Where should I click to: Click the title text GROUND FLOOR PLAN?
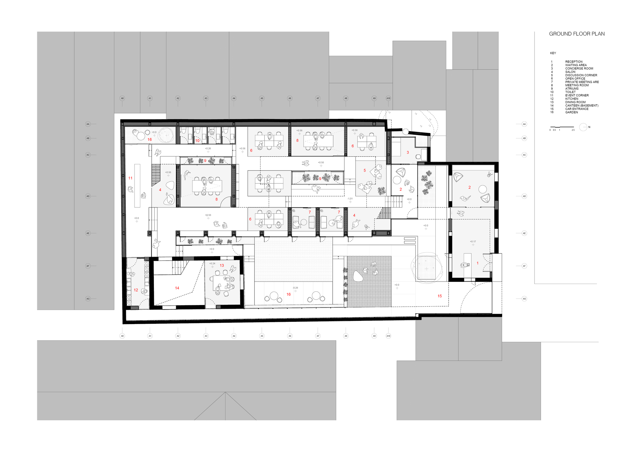(x=577, y=34)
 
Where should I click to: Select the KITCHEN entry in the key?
(x=571, y=99)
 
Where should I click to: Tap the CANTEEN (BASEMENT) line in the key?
(x=582, y=105)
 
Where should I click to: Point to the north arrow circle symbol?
(x=583, y=127)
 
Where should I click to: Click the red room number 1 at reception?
(x=477, y=263)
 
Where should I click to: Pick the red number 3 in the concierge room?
(x=408, y=152)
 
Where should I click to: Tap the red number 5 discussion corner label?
(x=364, y=171)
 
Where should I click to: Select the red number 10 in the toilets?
(x=197, y=140)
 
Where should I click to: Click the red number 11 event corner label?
(x=130, y=178)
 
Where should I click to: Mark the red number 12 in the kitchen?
(x=136, y=290)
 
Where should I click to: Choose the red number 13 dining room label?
(x=222, y=266)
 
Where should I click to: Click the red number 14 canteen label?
(x=177, y=288)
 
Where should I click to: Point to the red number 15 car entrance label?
(x=439, y=296)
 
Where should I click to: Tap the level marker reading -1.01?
(x=350, y=199)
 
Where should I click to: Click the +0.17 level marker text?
(x=473, y=241)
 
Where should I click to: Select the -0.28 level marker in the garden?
(x=295, y=288)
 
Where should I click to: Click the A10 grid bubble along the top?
(x=388, y=98)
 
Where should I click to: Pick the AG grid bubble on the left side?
(x=88, y=299)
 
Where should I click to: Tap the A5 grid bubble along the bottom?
(x=262, y=336)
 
